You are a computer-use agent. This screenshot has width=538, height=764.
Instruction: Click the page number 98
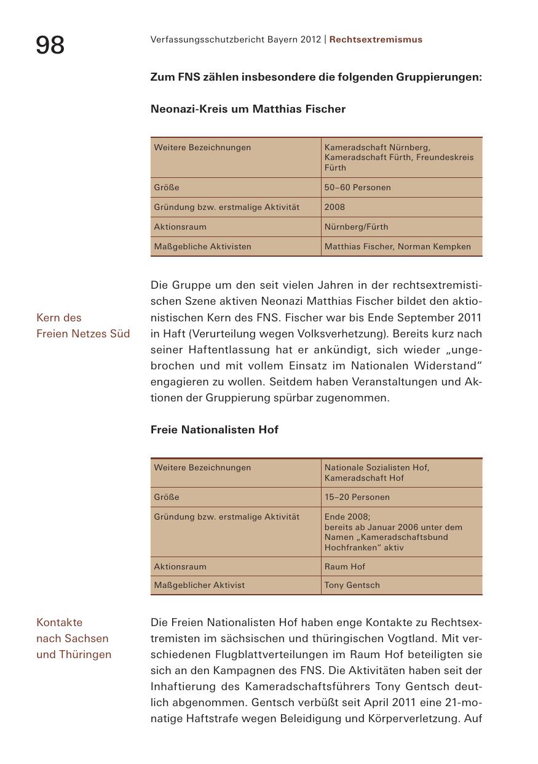click(x=50, y=45)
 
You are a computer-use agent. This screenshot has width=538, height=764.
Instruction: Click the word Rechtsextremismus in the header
click(x=376, y=39)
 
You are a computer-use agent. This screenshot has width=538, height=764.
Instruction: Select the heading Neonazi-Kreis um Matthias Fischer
click(x=248, y=109)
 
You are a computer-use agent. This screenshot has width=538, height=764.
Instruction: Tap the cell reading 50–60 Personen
click(x=357, y=187)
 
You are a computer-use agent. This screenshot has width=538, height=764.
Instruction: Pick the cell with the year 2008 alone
click(x=335, y=207)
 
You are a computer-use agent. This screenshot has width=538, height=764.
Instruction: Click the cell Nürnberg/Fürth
click(x=356, y=227)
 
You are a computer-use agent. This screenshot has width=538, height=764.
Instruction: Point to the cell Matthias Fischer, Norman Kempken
click(x=397, y=246)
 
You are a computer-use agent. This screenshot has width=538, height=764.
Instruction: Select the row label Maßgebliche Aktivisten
click(x=202, y=246)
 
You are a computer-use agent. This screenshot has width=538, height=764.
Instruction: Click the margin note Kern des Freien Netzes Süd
click(x=82, y=326)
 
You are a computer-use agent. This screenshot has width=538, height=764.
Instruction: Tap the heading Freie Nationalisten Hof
click(x=214, y=430)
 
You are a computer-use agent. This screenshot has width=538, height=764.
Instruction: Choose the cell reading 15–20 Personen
click(x=357, y=497)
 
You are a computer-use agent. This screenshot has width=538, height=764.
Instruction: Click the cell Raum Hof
click(x=344, y=566)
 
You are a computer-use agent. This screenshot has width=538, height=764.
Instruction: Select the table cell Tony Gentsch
click(x=352, y=585)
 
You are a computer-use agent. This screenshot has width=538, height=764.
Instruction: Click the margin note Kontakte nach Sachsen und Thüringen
click(x=73, y=638)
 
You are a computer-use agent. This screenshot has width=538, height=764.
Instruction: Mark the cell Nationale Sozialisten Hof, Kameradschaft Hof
click(x=376, y=472)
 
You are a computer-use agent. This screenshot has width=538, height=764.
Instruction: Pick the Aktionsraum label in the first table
click(x=180, y=227)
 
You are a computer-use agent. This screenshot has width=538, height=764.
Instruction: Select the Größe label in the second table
click(x=167, y=497)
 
